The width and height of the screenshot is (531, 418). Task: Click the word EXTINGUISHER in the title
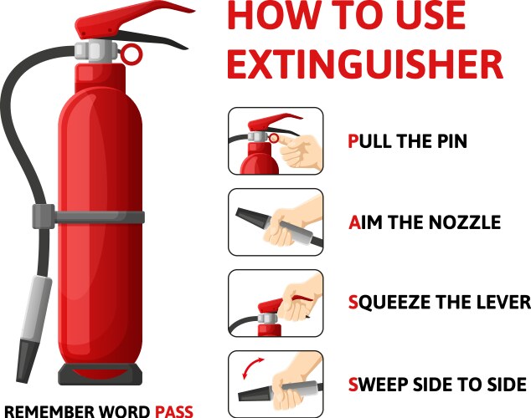click(x=365, y=64)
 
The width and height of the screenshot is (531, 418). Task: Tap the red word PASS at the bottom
click(x=174, y=411)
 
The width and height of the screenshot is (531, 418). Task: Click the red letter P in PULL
click(x=353, y=141)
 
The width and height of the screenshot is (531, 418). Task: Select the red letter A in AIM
click(x=354, y=222)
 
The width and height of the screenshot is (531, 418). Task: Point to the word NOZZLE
click(x=464, y=222)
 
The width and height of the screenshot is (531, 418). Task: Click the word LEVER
click(x=503, y=302)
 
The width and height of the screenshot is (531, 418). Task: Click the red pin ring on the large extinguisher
click(x=131, y=54)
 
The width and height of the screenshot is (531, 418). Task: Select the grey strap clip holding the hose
click(x=44, y=217)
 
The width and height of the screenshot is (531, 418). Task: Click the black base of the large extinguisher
click(x=101, y=375)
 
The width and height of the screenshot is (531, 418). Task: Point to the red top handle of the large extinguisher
click(x=132, y=18)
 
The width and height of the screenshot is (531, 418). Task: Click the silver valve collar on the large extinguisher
click(x=95, y=51)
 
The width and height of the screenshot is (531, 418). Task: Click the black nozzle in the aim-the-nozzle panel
click(x=252, y=217)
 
